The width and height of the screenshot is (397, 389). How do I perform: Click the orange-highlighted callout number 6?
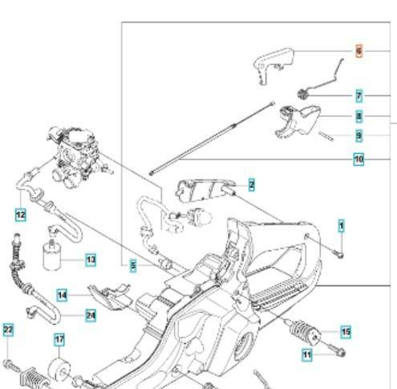[x=359, y=52]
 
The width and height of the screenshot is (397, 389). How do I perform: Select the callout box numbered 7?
[x=359, y=95]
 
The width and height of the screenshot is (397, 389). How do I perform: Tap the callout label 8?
[x=359, y=116]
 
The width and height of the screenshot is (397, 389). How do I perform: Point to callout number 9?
[x=359, y=136]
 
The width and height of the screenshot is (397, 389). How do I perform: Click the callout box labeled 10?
[x=359, y=159]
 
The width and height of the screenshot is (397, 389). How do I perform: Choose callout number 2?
[x=251, y=185]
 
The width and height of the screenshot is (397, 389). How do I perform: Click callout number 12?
[x=20, y=215]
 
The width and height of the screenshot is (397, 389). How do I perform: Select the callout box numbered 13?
[x=90, y=260]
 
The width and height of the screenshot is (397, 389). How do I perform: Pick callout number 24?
[x=90, y=315]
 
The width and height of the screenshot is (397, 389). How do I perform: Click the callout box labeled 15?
[x=346, y=331]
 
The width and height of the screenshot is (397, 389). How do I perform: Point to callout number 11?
[x=306, y=354]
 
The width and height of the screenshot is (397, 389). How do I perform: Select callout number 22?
[x=8, y=330]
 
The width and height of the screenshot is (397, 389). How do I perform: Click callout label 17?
[x=59, y=339]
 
